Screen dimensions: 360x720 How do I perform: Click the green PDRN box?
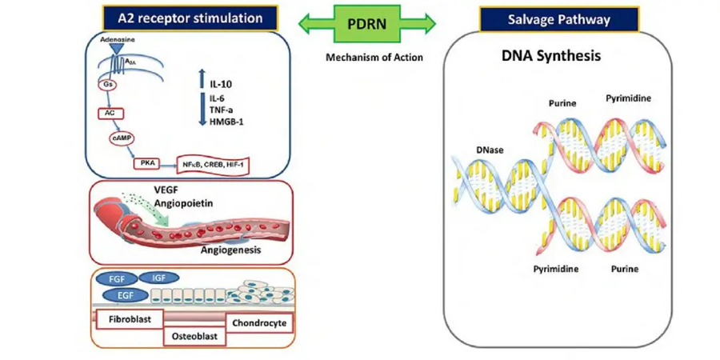pyautogui.click(x=367, y=23)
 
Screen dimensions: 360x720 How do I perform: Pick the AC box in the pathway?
pyautogui.click(x=111, y=113)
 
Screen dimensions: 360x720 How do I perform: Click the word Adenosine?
pyautogui.click(x=116, y=38)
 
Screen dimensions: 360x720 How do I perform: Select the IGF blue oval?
pyautogui.click(x=158, y=277)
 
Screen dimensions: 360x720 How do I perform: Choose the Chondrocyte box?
pyautogui.click(x=262, y=323)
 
